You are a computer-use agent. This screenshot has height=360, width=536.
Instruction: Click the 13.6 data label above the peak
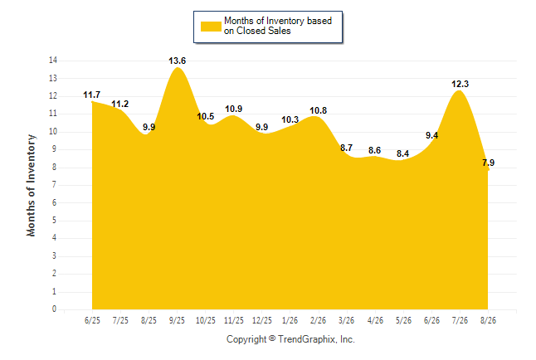[177, 61]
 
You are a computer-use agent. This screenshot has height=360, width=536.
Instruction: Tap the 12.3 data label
[460, 84]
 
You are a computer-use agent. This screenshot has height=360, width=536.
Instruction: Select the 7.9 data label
[488, 163]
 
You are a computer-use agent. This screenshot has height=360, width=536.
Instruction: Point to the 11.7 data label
[91, 95]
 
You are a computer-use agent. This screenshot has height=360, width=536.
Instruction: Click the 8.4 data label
[403, 153]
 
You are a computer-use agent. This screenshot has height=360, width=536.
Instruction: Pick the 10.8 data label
[319, 111]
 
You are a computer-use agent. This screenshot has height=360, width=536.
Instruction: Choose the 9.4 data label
[431, 136]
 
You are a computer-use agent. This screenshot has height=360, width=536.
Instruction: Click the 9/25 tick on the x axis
[177, 320]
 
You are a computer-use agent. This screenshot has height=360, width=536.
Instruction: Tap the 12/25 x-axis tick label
[262, 320]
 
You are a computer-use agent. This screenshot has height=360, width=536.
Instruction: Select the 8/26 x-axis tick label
[488, 320]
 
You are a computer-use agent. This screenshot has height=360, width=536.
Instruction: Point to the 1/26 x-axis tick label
[290, 320]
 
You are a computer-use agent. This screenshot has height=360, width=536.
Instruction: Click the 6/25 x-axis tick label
[92, 320]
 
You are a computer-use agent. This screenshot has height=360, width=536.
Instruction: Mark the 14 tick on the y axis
[53, 61]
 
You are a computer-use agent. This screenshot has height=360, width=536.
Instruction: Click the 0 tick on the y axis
[55, 309]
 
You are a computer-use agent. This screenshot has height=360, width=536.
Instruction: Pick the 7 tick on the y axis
[54, 185]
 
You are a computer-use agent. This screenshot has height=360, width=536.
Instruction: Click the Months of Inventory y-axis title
[31, 185]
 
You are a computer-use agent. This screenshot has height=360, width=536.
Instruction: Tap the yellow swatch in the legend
[211, 27]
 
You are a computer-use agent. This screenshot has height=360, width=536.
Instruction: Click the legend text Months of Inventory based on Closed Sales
[278, 26]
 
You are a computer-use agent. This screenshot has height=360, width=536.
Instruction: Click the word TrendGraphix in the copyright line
[307, 339]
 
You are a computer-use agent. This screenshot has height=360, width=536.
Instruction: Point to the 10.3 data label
[290, 120]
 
